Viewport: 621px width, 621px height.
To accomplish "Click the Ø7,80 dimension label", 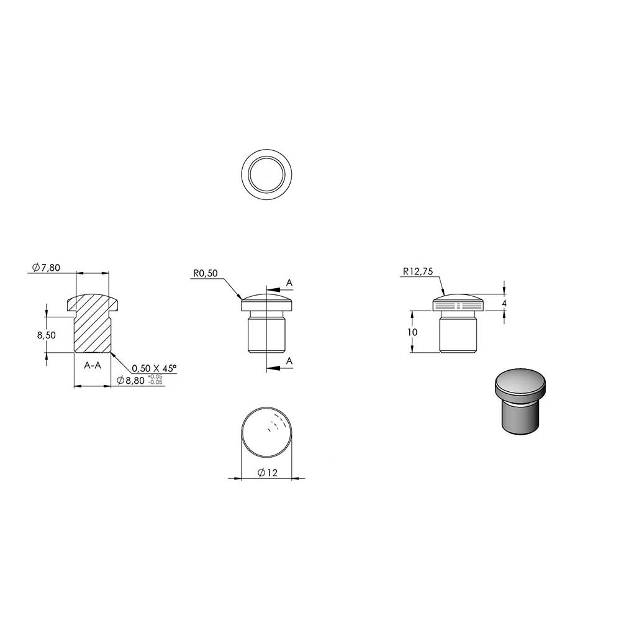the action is [47, 268].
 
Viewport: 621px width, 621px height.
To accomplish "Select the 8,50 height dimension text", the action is [47, 335].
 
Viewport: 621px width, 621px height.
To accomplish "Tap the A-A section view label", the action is [93, 365].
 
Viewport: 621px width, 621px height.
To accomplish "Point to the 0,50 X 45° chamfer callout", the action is [154, 368].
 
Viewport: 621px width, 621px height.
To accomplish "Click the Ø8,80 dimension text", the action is [130, 381].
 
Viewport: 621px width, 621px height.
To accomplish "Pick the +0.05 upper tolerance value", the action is [155, 376].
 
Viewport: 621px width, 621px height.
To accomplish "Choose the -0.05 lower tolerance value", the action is [155, 382].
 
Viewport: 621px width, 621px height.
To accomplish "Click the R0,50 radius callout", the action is [205, 273].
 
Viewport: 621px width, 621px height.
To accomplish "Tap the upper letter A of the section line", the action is [289, 283].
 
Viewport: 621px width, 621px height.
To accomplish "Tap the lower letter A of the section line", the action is [289, 361].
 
